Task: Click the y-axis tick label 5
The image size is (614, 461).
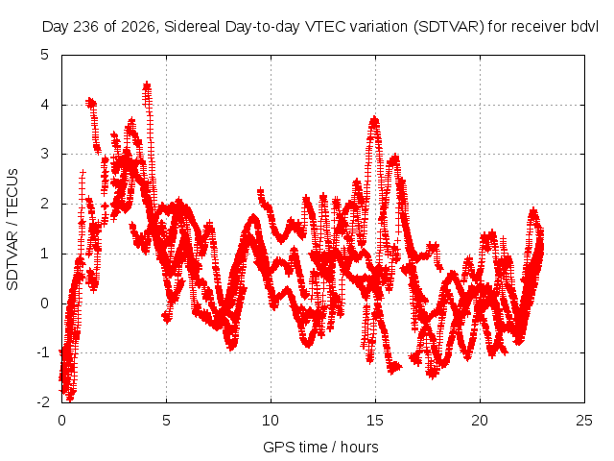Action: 45,55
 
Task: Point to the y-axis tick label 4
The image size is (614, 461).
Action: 45,105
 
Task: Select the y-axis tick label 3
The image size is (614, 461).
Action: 45,154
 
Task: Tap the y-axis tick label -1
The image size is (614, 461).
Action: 43,352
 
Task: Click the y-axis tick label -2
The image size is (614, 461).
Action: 43,401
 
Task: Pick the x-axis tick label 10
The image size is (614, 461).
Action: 271,421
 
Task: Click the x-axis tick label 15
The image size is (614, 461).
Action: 375,421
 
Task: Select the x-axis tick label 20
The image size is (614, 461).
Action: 480,421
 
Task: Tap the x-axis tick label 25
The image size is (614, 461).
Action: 584,421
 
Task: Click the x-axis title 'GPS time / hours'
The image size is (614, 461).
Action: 320,447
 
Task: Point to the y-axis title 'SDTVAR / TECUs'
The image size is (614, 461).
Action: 12,230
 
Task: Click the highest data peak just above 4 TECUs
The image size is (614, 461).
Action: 147,84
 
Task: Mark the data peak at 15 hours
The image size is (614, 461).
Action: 375,118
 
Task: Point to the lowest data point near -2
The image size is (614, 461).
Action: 70,400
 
